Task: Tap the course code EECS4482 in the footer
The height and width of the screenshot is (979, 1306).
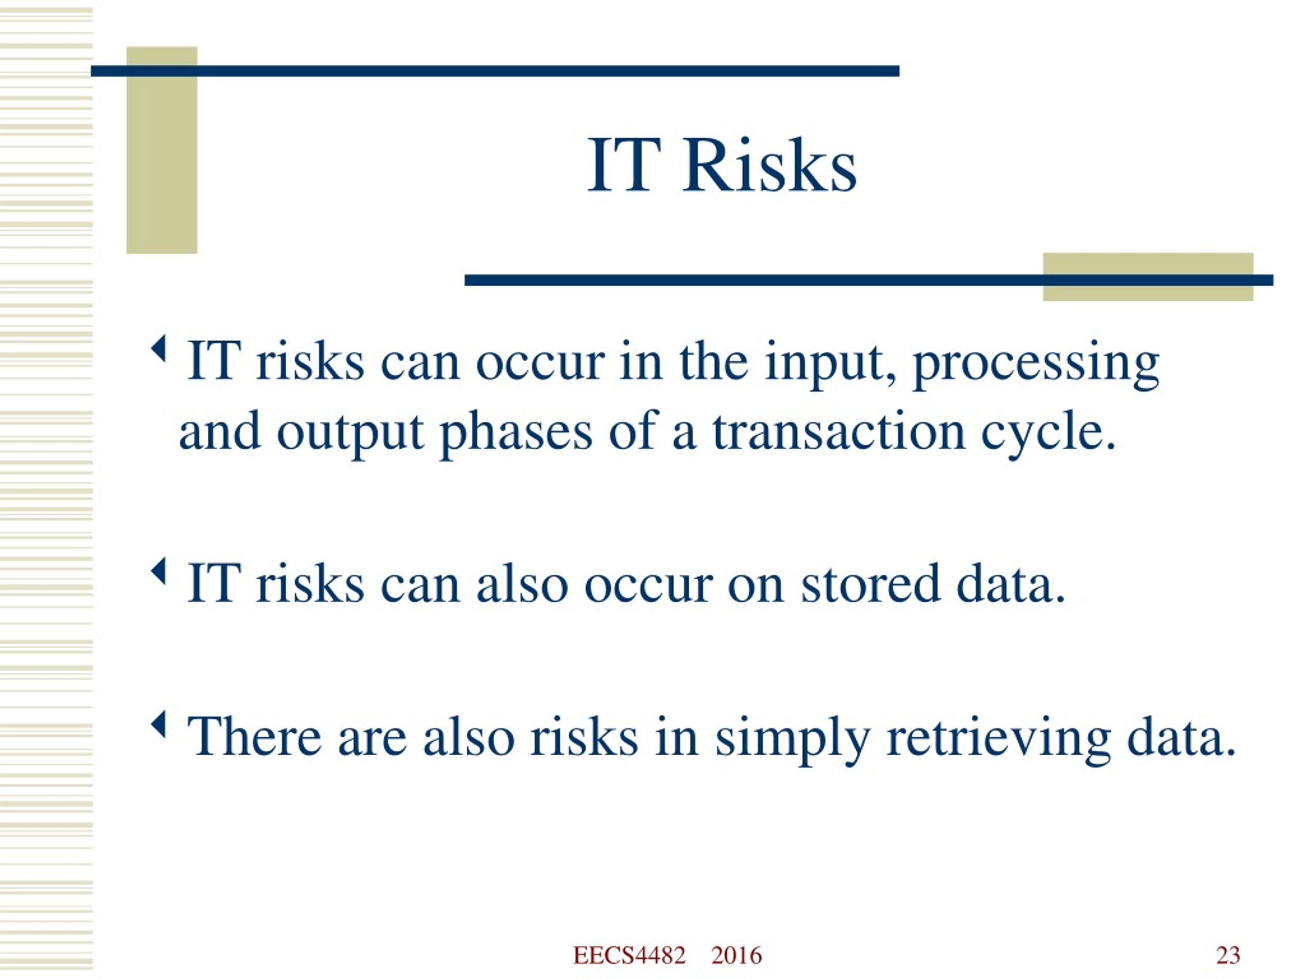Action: click(x=630, y=956)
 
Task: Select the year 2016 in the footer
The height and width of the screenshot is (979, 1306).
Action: click(x=736, y=956)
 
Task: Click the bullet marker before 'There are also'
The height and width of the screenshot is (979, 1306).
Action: click(x=158, y=724)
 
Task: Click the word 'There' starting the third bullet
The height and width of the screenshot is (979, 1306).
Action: click(x=255, y=736)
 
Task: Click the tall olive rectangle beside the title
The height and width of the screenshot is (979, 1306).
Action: click(x=162, y=150)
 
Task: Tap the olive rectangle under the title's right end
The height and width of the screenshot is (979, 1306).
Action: click(x=1148, y=277)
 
